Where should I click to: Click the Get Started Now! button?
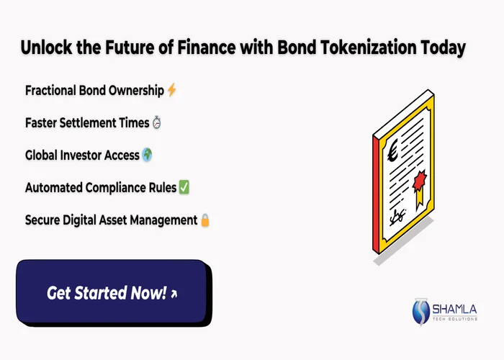tap(112, 292)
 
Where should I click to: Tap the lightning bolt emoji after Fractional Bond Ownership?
tap(171, 91)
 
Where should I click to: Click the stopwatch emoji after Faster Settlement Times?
tap(157, 123)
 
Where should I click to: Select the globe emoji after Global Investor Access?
tap(148, 155)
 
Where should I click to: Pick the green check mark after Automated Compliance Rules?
tap(184, 187)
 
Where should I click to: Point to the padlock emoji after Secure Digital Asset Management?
tap(204, 220)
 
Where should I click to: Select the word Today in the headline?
tap(444, 49)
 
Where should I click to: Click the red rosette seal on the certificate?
tap(420, 176)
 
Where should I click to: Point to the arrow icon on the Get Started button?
tap(174, 294)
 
